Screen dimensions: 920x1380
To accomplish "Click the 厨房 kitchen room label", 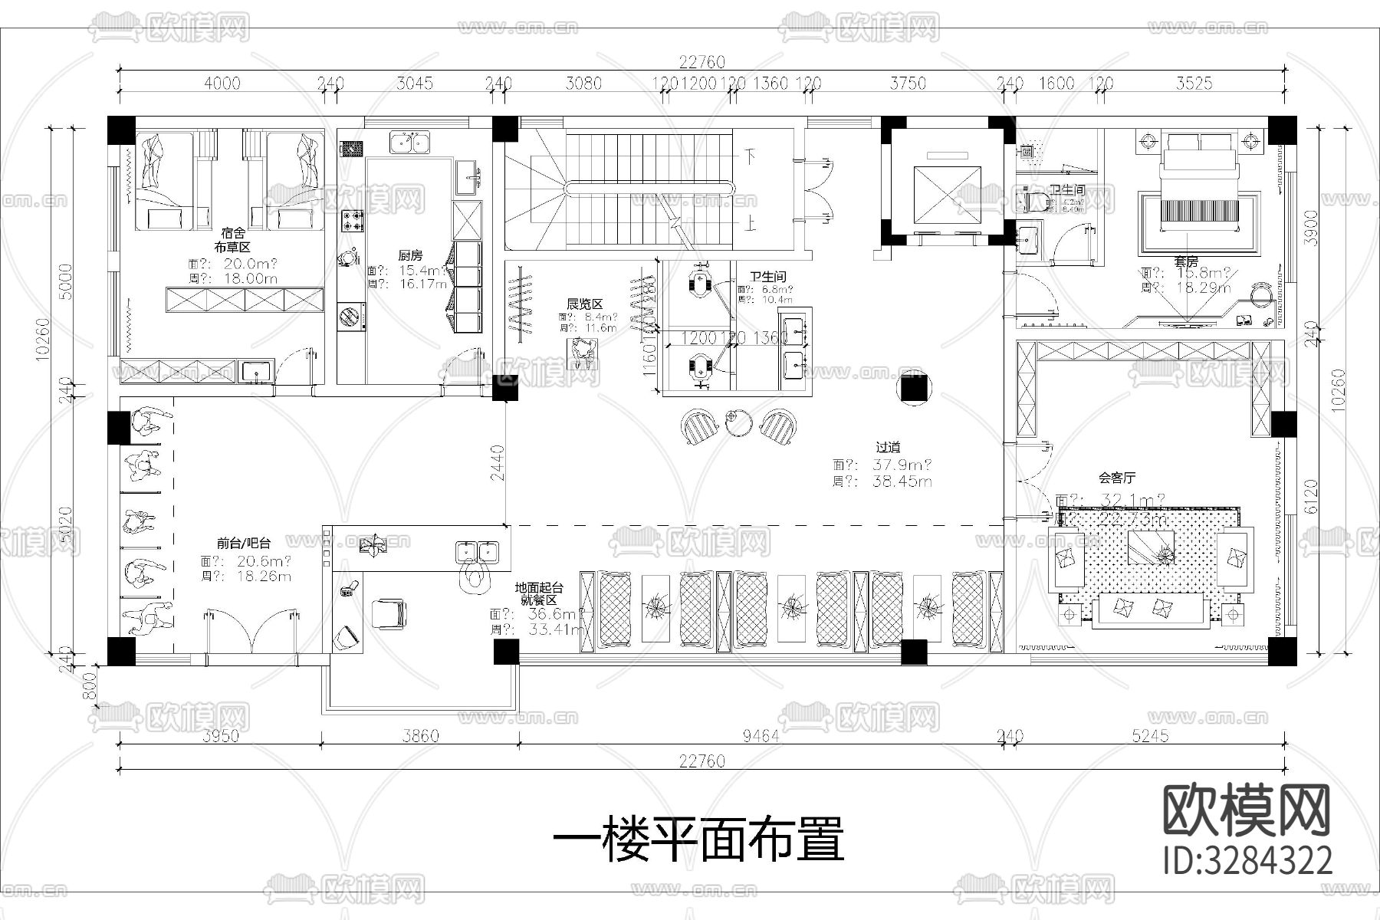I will (410, 255).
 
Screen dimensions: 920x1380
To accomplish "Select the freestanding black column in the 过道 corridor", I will (913, 389).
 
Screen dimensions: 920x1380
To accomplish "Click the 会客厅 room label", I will (1116, 478).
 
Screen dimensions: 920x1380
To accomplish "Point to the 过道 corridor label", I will (888, 447).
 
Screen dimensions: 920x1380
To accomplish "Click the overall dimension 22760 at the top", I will (701, 62).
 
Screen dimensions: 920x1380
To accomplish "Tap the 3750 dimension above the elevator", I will (908, 83).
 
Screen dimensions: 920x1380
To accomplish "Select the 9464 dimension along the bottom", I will (761, 736).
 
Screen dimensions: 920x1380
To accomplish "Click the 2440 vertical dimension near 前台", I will (497, 462).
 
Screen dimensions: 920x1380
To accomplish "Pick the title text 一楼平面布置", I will (698, 839).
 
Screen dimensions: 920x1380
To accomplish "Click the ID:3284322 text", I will (1247, 861).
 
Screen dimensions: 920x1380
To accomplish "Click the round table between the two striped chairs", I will (739, 423).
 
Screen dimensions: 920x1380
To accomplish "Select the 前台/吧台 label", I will (243, 543).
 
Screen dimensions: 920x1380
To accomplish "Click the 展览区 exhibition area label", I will (584, 304).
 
